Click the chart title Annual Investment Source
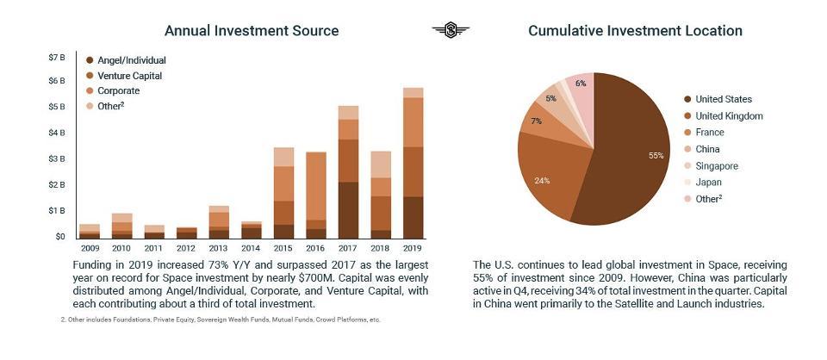(x=252, y=31)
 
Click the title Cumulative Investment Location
(x=635, y=31)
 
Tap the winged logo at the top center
(x=451, y=31)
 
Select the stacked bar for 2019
(x=413, y=164)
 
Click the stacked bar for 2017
(x=348, y=172)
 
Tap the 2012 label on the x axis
(x=186, y=249)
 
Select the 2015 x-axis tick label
(x=283, y=249)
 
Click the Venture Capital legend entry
(x=128, y=76)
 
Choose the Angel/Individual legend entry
(x=131, y=60)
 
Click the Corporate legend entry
(x=118, y=90)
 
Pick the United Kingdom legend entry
(x=729, y=116)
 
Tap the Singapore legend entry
(x=718, y=166)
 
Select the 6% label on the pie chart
(x=581, y=84)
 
